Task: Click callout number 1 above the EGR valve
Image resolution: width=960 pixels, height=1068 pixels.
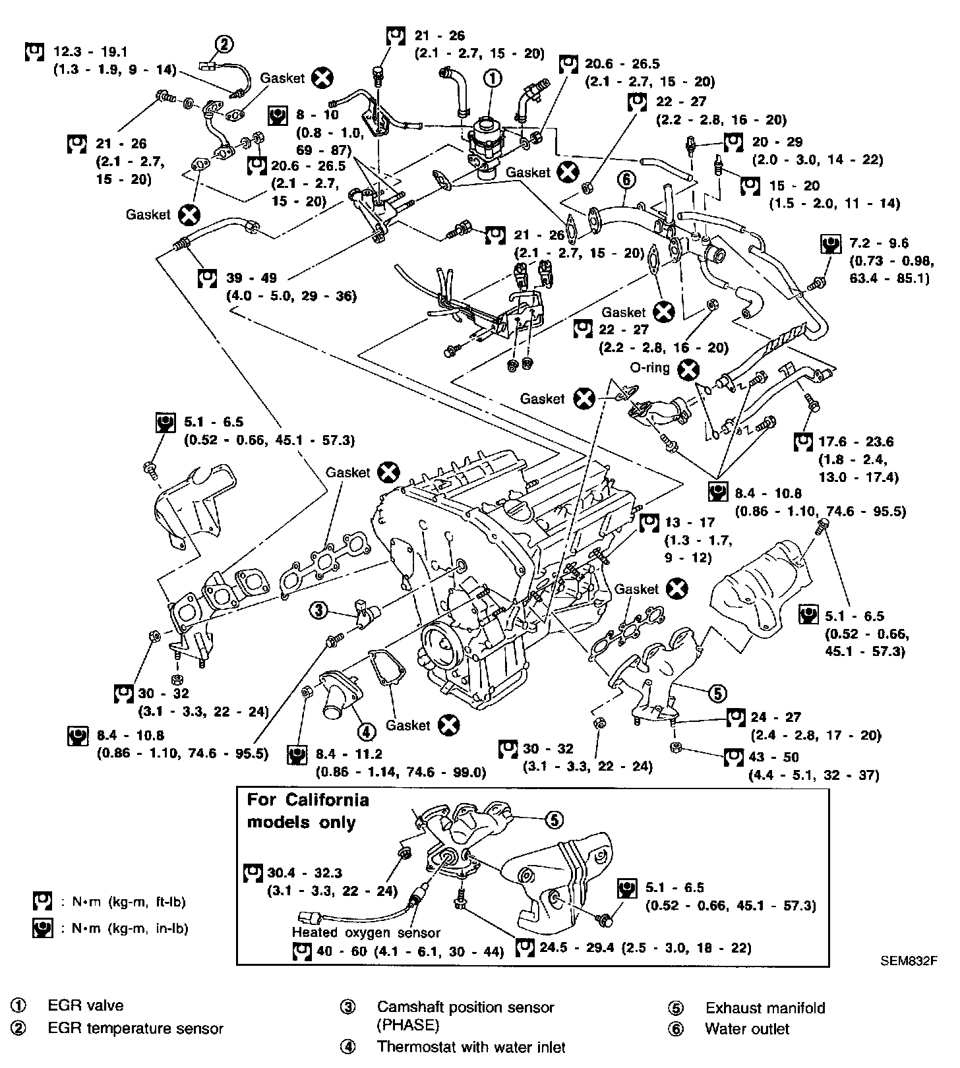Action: tap(492, 78)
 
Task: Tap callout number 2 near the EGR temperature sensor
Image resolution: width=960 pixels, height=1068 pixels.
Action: tap(224, 44)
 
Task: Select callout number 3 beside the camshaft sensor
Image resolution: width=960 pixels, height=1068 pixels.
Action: tap(318, 611)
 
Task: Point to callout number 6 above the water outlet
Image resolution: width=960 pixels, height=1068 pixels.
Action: tap(626, 179)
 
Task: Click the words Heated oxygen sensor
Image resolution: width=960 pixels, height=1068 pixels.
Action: tap(366, 932)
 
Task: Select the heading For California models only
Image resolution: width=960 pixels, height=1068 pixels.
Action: tap(307, 811)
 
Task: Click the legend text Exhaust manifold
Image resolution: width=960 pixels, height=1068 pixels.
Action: tap(765, 1008)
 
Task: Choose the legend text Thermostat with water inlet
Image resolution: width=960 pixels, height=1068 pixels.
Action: tap(471, 1047)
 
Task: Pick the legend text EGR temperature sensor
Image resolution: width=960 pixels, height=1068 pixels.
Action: tap(135, 1028)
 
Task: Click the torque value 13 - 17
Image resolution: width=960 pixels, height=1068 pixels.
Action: tap(689, 523)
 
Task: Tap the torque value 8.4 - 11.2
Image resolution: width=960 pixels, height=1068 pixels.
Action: tap(349, 754)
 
